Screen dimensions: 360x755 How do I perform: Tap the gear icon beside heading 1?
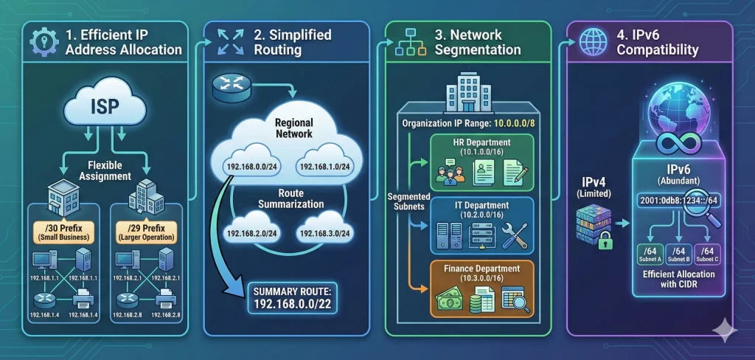click(x=40, y=42)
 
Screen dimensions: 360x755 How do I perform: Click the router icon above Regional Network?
click(x=227, y=86)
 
